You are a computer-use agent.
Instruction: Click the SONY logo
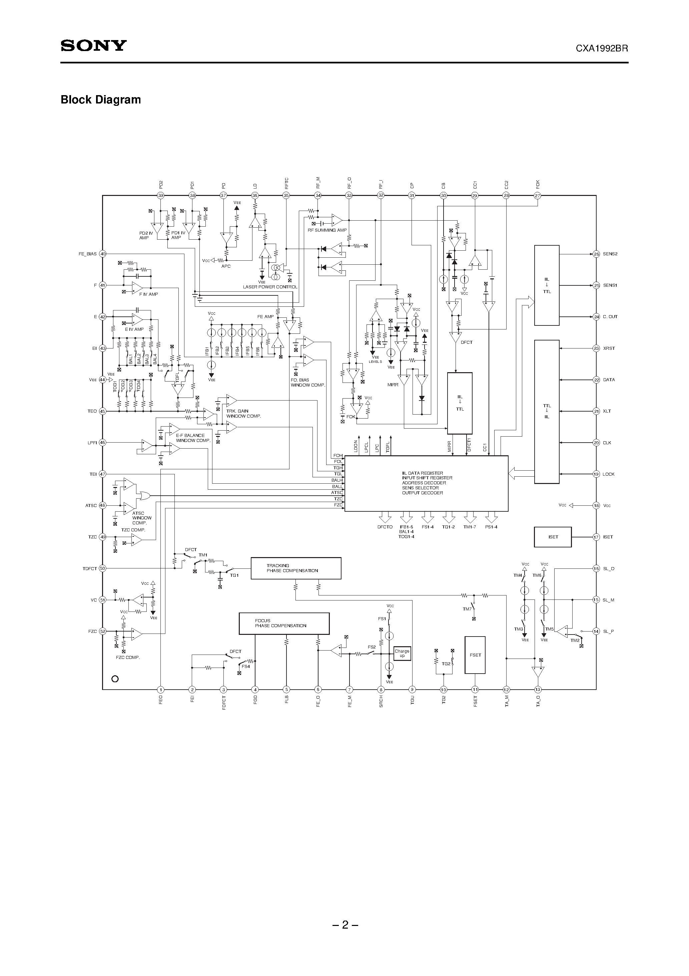[x=93, y=45]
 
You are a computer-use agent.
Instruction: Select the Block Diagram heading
[x=101, y=100]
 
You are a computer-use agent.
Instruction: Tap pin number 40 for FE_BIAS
[x=102, y=254]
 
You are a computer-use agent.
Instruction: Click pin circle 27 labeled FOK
[x=537, y=196]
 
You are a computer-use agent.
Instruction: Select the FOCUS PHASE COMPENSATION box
[x=284, y=623]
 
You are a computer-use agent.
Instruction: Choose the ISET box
[x=553, y=537]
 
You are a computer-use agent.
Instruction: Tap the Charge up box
[x=402, y=653]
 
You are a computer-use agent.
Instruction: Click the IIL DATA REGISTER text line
[x=422, y=473]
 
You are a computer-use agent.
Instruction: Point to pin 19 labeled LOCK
[x=596, y=474]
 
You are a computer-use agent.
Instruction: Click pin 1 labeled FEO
[x=160, y=690]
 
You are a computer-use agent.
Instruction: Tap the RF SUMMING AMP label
[x=327, y=230]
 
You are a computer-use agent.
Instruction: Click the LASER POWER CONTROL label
[x=270, y=287]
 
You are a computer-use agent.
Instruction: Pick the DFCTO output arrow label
[x=385, y=527]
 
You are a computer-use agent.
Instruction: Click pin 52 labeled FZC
[x=102, y=632]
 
